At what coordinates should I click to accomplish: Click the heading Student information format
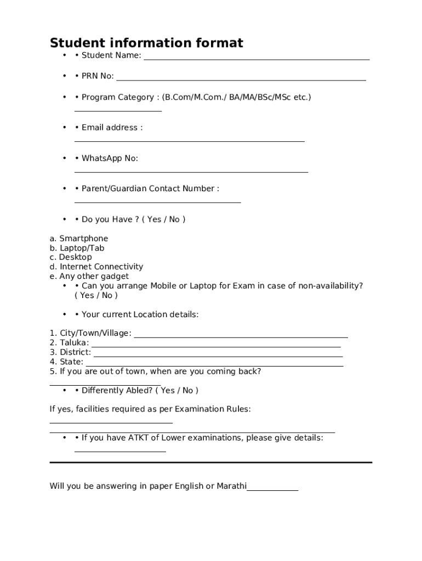click(146, 43)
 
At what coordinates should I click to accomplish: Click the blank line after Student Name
click(256, 59)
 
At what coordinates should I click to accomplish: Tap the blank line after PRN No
click(241, 80)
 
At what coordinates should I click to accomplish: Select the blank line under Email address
click(189, 141)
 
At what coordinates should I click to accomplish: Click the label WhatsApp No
click(110, 158)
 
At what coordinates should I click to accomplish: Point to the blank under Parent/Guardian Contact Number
click(157, 202)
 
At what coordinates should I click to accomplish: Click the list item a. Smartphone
click(79, 238)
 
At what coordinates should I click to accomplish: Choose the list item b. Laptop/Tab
click(77, 248)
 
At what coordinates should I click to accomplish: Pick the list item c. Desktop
click(71, 257)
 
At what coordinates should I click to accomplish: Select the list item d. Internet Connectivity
click(96, 267)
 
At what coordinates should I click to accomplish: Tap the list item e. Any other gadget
click(89, 276)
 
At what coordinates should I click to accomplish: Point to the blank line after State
click(214, 365)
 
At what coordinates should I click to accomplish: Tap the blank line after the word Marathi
click(272, 490)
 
